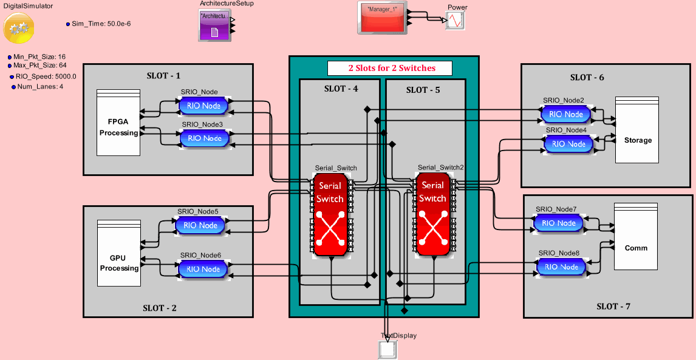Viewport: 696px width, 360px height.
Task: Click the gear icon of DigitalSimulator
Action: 18,28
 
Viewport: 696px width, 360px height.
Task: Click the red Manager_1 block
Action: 381,18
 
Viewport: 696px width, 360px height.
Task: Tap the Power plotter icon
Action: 455,21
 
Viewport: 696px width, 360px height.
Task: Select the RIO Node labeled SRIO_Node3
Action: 205,138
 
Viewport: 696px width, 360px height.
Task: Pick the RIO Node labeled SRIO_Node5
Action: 200,225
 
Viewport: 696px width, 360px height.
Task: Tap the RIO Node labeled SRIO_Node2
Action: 565,114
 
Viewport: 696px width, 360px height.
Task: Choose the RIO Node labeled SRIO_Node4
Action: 568,144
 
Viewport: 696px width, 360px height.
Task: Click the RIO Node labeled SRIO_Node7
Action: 558,223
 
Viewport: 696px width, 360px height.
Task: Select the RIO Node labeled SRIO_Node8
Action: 561,267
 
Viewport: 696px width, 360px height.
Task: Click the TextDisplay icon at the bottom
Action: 387,350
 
